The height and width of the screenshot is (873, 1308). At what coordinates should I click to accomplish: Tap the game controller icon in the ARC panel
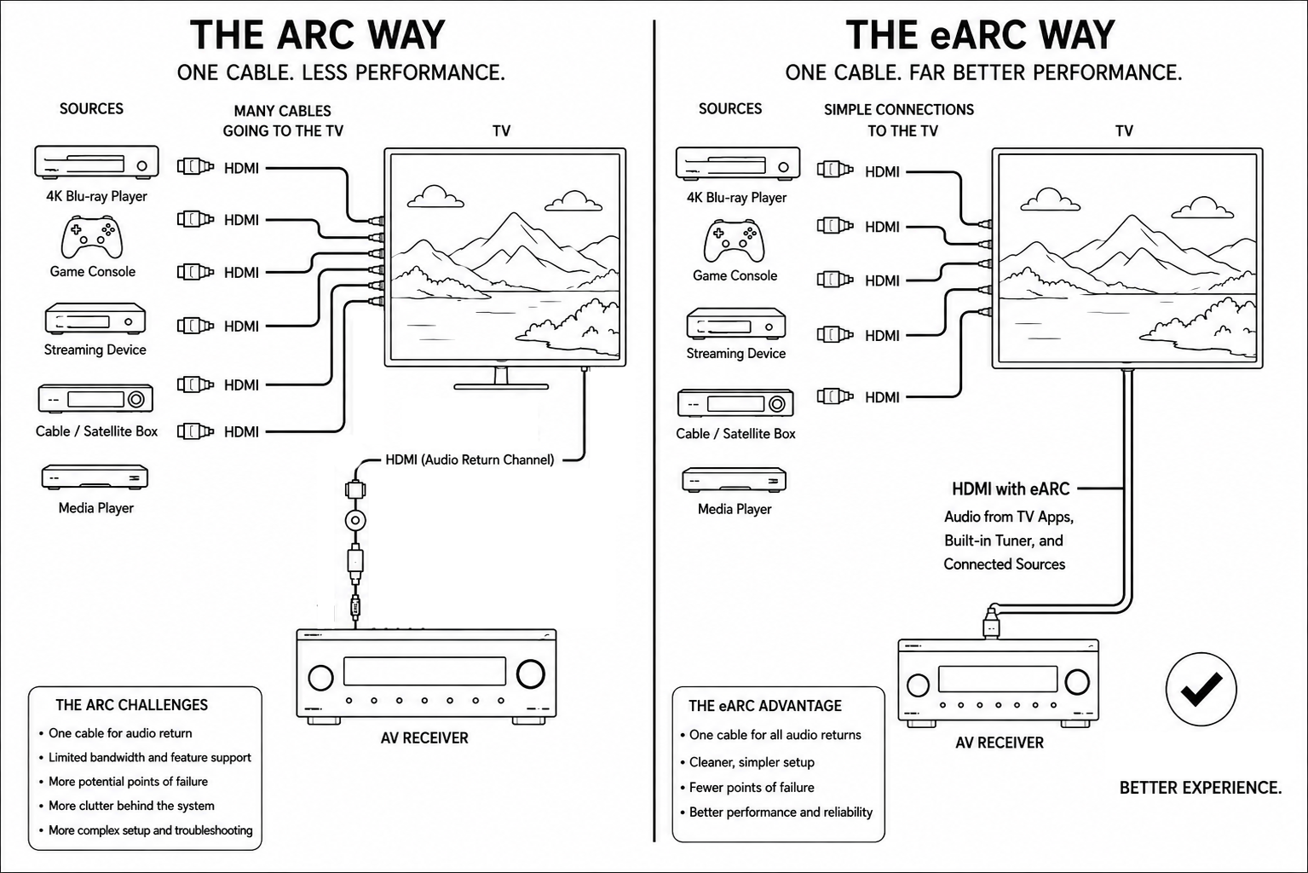point(92,237)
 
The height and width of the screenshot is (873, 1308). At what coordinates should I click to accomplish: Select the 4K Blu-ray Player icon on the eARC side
point(737,163)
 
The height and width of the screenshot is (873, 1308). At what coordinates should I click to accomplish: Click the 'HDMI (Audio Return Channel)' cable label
point(470,460)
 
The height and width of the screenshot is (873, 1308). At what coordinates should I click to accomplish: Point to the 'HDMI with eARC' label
point(1011,489)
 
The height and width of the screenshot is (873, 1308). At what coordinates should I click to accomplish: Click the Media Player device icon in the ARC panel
point(95,477)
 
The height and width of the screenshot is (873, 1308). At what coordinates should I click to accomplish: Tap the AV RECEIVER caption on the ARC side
point(424,738)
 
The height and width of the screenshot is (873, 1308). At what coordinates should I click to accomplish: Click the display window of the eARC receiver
point(997,679)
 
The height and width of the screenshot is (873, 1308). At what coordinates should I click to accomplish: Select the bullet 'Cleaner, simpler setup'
point(752,762)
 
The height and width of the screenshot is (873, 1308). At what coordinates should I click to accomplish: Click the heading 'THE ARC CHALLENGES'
point(131,705)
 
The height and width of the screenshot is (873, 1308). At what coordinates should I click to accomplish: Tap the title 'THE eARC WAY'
point(981,35)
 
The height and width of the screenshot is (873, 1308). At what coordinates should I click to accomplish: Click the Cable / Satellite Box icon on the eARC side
point(735,403)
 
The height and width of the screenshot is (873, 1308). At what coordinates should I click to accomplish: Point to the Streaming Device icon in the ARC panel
point(95,320)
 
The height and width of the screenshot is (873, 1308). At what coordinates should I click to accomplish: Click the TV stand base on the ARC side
point(501,387)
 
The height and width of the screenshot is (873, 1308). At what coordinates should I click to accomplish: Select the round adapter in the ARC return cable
point(355,520)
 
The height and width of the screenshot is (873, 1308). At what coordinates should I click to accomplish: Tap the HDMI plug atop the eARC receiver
point(991,623)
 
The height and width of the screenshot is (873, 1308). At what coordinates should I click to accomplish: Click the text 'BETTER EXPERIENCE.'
point(1201,788)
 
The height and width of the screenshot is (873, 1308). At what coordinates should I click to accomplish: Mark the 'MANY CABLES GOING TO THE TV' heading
point(283,121)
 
